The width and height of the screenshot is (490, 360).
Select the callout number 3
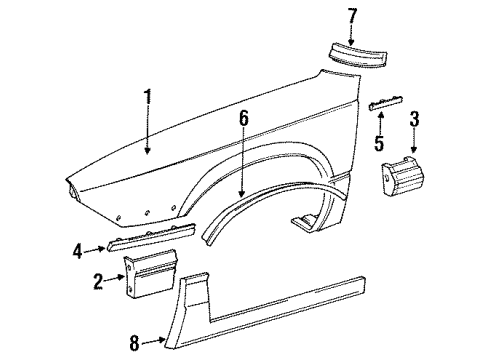pyautogui.click(x=414, y=121)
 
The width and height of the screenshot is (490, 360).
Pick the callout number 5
pyautogui.click(x=377, y=144)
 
